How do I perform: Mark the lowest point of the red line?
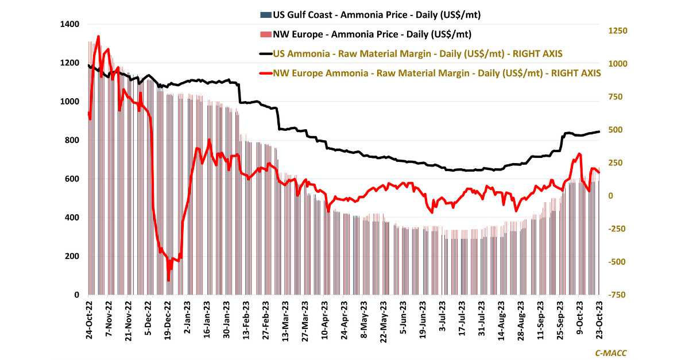(168, 281)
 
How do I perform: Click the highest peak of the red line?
(98, 36)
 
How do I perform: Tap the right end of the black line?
(599, 131)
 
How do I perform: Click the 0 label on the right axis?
(611, 196)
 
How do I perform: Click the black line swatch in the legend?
(265, 54)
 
